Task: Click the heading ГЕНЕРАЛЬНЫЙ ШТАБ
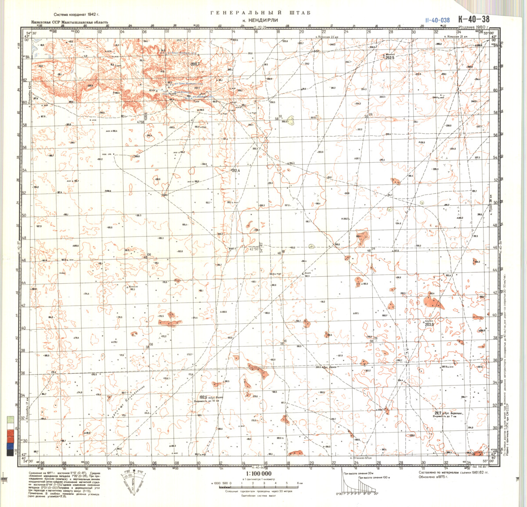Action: [x=260, y=13]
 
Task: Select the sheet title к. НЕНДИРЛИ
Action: [x=260, y=21]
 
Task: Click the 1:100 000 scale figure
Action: [x=259, y=474]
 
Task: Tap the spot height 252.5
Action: [x=390, y=57]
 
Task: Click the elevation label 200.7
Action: [x=195, y=64]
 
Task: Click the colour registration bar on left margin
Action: [x=10, y=434]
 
